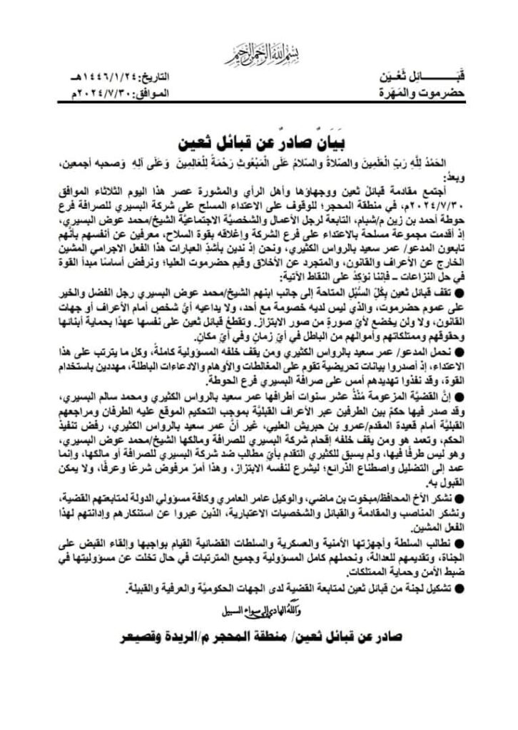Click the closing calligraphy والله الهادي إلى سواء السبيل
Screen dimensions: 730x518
tap(258, 609)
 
